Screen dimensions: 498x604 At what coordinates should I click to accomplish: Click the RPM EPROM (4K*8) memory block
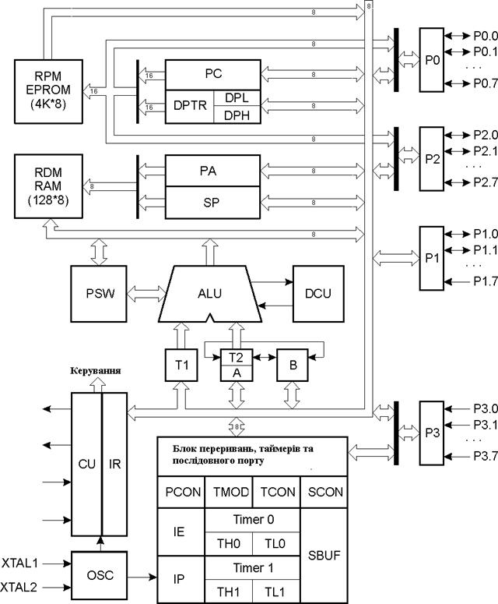[x=48, y=92]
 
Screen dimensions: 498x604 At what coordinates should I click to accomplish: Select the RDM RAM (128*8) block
[x=48, y=186]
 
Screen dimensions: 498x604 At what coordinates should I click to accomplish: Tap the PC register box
[x=213, y=75]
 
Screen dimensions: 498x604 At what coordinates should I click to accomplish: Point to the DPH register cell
[x=237, y=115]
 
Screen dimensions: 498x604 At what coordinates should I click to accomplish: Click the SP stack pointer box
[x=212, y=203]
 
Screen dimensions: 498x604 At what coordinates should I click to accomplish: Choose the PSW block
[x=99, y=294]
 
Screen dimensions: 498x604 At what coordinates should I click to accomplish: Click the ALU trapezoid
[x=210, y=294]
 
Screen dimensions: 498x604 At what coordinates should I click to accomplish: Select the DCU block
[x=318, y=294]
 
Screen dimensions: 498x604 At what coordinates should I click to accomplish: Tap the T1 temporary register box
[x=181, y=366]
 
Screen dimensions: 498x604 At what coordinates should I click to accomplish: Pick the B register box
[x=293, y=366]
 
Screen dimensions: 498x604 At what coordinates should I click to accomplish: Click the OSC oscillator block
[x=100, y=575]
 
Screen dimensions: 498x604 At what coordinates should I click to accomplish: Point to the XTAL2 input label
[x=19, y=588]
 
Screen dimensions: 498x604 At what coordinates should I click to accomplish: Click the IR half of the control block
[x=114, y=464]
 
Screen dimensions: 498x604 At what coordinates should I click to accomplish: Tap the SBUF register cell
[x=324, y=556]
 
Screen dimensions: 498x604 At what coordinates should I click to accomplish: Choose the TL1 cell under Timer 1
[x=276, y=592]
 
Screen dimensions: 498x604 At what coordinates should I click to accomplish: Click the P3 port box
[x=432, y=433]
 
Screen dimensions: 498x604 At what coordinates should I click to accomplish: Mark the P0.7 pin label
[x=486, y=83]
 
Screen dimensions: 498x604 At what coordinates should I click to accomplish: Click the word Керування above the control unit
[x=96, y=370]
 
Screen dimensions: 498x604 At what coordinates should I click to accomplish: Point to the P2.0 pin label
[x=486, y=135]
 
